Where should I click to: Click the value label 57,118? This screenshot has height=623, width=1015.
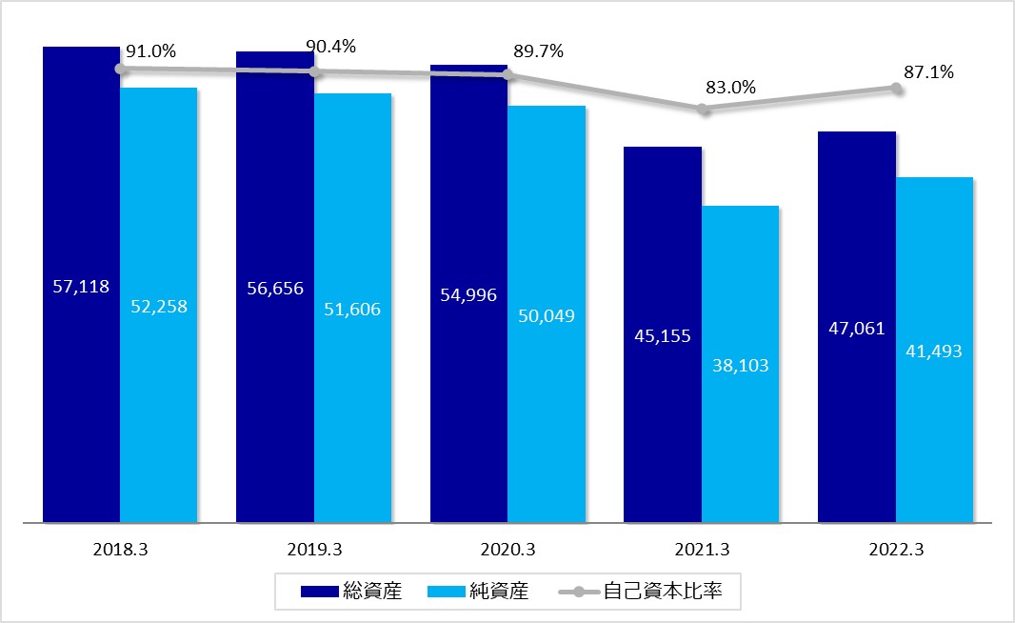[x=81, y=286]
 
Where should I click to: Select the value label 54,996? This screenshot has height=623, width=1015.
[x=468, y=294]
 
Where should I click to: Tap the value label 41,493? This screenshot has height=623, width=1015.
[x=934, y=351]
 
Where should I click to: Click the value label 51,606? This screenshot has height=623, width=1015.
[x=353, y=310]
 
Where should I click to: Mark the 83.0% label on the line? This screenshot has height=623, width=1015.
[x=730, y=88]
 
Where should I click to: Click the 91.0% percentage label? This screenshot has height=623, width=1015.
[x=150, y=51]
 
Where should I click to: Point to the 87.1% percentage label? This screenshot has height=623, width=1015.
[x=928, y=71]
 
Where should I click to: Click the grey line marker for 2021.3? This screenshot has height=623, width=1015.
[x=703, y=110]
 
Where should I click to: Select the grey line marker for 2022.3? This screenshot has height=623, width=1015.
[x=896, y=88]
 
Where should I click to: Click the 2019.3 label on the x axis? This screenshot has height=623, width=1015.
[x=314, y=550]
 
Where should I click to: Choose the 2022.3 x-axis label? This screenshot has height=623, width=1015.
[x=895, y=550]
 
